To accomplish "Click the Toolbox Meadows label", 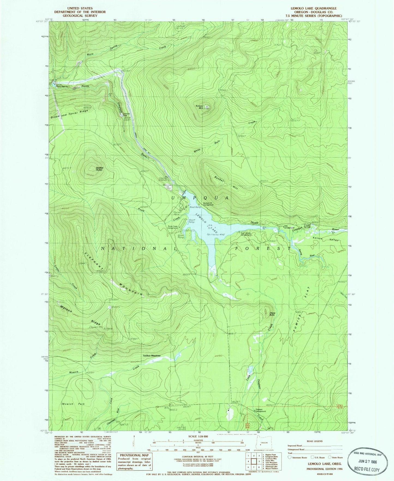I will point(152,356).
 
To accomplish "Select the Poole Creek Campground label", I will point(173,227).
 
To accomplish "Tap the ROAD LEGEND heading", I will point(315,441).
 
